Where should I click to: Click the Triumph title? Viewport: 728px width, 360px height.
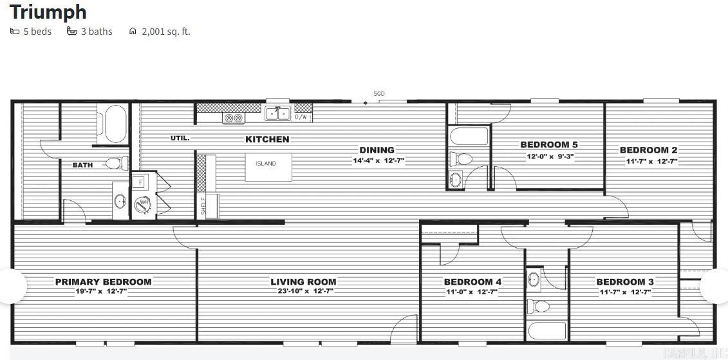coord(48,12)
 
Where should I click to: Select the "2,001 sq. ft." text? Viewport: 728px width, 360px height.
coord(166,31)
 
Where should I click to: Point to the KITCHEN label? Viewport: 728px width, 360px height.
coord(267,139)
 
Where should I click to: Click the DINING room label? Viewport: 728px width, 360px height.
coord(377,150)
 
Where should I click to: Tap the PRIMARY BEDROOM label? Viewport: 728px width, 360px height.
coord(103,281)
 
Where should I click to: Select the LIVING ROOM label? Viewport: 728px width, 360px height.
coord(303,281)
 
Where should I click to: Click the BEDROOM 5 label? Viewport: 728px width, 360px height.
coord(548,145)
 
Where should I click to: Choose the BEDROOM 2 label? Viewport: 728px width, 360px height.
coord(648,150)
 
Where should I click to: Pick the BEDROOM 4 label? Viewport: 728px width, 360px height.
coord(472,281)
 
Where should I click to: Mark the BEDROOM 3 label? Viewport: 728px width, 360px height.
coord(624,281)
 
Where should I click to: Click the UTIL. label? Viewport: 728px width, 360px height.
coord(180,138)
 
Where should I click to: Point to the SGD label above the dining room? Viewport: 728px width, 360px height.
coord(379,94)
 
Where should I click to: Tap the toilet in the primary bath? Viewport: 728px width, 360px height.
coord(115,164)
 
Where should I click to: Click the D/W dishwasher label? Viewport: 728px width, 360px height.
coord(301,117)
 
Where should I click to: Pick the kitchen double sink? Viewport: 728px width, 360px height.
coord(278,114)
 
